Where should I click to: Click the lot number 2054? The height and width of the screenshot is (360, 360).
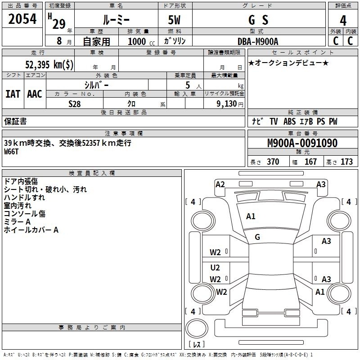click(x=22, y=19)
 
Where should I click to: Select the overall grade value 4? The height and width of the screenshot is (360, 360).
click(x=343, y=20)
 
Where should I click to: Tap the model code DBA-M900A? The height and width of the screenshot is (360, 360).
click(x=258, y=41)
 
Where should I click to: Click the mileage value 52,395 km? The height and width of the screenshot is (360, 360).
click(x=49, y=64)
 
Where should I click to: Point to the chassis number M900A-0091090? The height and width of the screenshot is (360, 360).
click(x=302, y=143)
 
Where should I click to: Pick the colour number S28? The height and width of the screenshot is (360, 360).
click(x=75, y=104)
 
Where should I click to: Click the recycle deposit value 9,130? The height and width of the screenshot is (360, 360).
click(x=227, y=104)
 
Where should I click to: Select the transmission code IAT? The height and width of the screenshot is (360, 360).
click(x=13, y=94)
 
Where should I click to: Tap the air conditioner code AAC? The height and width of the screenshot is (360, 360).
click(x=35, y=94)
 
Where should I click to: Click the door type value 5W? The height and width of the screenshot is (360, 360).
click(x=174, y=20)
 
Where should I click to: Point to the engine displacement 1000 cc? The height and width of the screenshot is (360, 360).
click(x=141, y=41)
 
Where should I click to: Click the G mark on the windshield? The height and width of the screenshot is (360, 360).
click(x=257, y=237)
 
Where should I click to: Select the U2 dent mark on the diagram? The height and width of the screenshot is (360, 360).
click(x=215, y=267)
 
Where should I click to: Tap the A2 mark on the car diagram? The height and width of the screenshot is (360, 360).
click(x=220, y=184)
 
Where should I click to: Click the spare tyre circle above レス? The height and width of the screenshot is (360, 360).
click(x=197, y=328)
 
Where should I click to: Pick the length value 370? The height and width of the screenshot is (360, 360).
click(x=273, y=162)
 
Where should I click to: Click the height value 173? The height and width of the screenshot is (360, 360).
click(x=346, y=162)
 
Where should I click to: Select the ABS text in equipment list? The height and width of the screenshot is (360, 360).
click(x=289, y=121)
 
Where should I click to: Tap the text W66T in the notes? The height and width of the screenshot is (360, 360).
click(x=11, y=152)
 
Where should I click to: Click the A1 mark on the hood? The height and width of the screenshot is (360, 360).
click(x=251, y=216)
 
